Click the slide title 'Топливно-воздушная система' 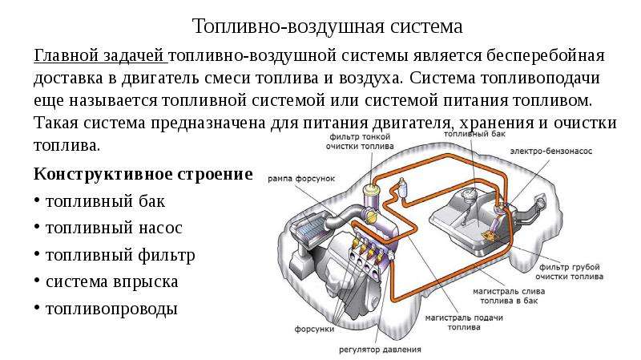328,26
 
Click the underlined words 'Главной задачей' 99,56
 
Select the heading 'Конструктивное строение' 143,174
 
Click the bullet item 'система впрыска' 112,281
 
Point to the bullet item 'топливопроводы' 111,308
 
